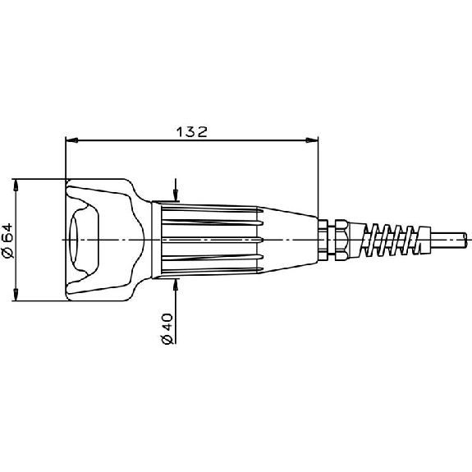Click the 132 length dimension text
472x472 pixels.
pos(192,132)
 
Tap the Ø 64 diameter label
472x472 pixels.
pos(8,241)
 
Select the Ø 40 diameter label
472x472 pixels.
pos(167,328)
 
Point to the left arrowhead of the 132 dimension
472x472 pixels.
pos(72,140)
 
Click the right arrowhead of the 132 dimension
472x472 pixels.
pos(312,140)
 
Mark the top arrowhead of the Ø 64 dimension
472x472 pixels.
pos(16,186)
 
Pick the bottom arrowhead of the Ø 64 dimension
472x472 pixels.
pos(16,295)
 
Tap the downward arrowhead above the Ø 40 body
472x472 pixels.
pos(176,195)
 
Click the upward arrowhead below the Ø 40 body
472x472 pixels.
pos(176,285)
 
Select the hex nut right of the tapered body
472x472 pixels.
pos(342,240)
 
